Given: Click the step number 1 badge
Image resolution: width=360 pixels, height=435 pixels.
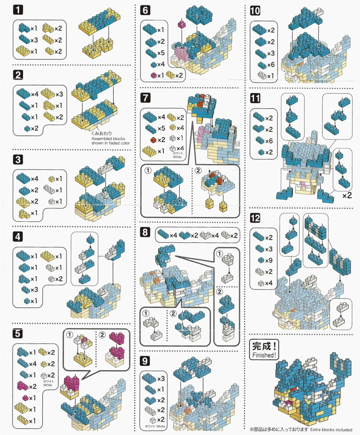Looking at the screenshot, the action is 18,10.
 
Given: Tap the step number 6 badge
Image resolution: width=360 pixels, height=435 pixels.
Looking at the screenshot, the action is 145,10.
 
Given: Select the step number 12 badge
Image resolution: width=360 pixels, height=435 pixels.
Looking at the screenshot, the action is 255,218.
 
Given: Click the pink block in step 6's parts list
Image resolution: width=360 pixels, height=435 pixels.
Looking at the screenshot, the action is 153,75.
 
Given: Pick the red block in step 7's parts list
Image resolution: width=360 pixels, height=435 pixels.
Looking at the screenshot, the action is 153,140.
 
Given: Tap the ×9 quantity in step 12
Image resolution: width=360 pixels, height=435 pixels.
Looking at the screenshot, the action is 269,260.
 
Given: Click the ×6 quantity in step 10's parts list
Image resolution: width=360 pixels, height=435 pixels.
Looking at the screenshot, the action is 270,65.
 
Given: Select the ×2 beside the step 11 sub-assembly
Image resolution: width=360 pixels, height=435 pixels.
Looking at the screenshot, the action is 347,195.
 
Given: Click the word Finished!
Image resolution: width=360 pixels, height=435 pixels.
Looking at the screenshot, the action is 264,355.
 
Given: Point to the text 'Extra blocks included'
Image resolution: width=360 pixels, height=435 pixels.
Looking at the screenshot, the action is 331,430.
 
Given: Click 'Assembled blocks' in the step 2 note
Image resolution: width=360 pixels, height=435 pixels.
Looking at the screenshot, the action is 108,138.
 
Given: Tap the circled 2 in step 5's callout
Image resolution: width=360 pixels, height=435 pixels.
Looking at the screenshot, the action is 102,335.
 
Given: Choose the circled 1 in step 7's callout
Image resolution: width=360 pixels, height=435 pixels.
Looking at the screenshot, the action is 148,170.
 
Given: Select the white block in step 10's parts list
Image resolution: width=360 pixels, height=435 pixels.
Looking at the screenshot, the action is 262,75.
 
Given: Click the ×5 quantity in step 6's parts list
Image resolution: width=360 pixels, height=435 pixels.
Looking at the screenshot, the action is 161,53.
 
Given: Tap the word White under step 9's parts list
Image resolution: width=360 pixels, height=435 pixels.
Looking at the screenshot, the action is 161,426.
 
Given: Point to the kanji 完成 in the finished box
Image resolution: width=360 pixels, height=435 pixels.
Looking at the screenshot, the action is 261,346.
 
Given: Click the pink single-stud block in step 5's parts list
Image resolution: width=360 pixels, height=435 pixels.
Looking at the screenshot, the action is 25,398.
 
